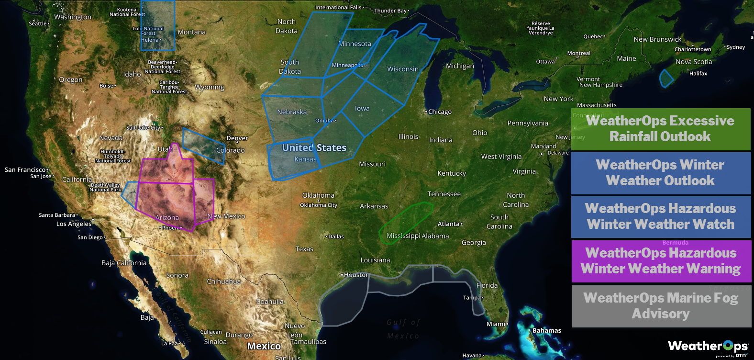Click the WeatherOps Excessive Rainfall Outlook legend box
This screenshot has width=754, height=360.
pyautogui.click(x=661, y=129)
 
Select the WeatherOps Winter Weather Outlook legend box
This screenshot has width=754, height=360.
pyautogui.click(x=661, y=173)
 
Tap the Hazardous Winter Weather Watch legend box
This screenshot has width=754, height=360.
pyautogui.click(x=661, y=216)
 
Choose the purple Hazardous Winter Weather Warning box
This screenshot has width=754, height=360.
pyautogui.click(x=661, y=261)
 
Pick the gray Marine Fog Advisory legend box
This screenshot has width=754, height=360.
pyautogui.click(x=661, y=306)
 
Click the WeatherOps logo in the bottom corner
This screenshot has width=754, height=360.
pyautogui.click(x=708, y=347)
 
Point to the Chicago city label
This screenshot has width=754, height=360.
pyautogui.click(x=440, y=112)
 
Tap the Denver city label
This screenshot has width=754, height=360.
pyautogui.click(x=237, y=138)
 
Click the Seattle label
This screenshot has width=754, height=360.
pyautogui.click(x=38, y=23)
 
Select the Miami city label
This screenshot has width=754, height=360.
pyautogui.click(x=496, y=324)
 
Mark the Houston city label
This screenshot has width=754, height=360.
pyautogui.click(x=355, y=275)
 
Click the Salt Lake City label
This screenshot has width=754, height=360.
pyautogui.click(x=144, y=128)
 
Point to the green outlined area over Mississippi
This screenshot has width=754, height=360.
pyautogui.click(x=406, y=222)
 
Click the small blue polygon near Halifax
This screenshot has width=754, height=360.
pyautogui.click(x=666, y=79)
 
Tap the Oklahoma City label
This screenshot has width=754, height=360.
pyautogui.click(x=319, y=205)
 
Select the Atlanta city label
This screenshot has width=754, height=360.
pyautogui.click(x=448, y=224)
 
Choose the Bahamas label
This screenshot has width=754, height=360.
pyautogui.click(x=547, y=331)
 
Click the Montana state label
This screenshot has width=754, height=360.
pyautogui.click(x=192, y=33)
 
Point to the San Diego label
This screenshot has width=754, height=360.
pyautogui.click(x=90, y=237)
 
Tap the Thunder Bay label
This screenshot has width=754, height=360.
pyautogui.click(x=390, y=11)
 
